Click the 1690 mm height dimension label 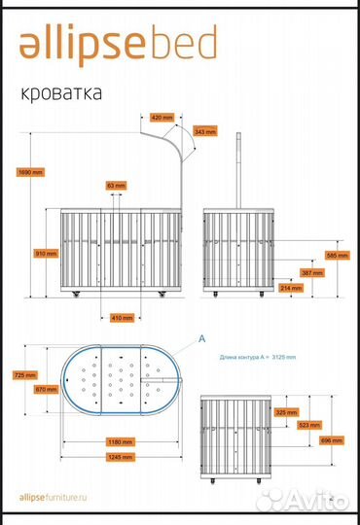[31, 172]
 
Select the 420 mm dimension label [163, 117]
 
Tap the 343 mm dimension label [205, 130]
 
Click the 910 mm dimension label [45, 253]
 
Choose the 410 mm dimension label [122, 317]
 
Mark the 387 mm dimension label [309, 272]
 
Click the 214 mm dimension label [290, 288]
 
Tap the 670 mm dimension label [45, 389]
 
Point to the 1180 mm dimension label [120, 442]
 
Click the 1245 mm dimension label [120, 456]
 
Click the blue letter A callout [201, 339]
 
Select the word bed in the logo [183, 44]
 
